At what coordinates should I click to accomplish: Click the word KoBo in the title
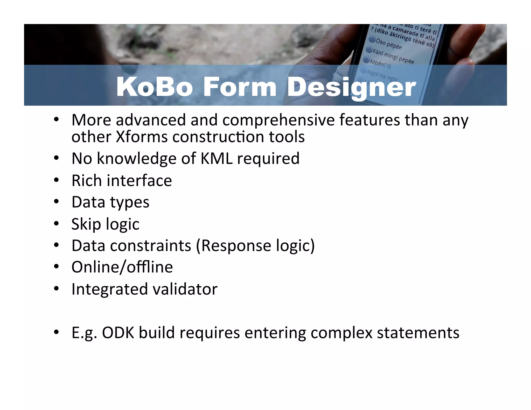click(155, 87)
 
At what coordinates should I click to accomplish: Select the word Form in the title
click(240, 87)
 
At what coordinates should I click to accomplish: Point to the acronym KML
click(216, 158)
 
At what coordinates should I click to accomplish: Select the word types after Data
click(130, 202)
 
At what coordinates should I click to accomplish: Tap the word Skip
click(86, 224)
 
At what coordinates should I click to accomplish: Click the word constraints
click(151, 245)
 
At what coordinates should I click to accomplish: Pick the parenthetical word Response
click(236, 246)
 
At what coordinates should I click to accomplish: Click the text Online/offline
click(122, 267)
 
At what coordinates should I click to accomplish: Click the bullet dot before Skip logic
click(56, 224)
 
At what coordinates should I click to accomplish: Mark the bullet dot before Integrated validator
click(56, 288)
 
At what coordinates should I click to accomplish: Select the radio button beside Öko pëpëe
click(372, 39)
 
